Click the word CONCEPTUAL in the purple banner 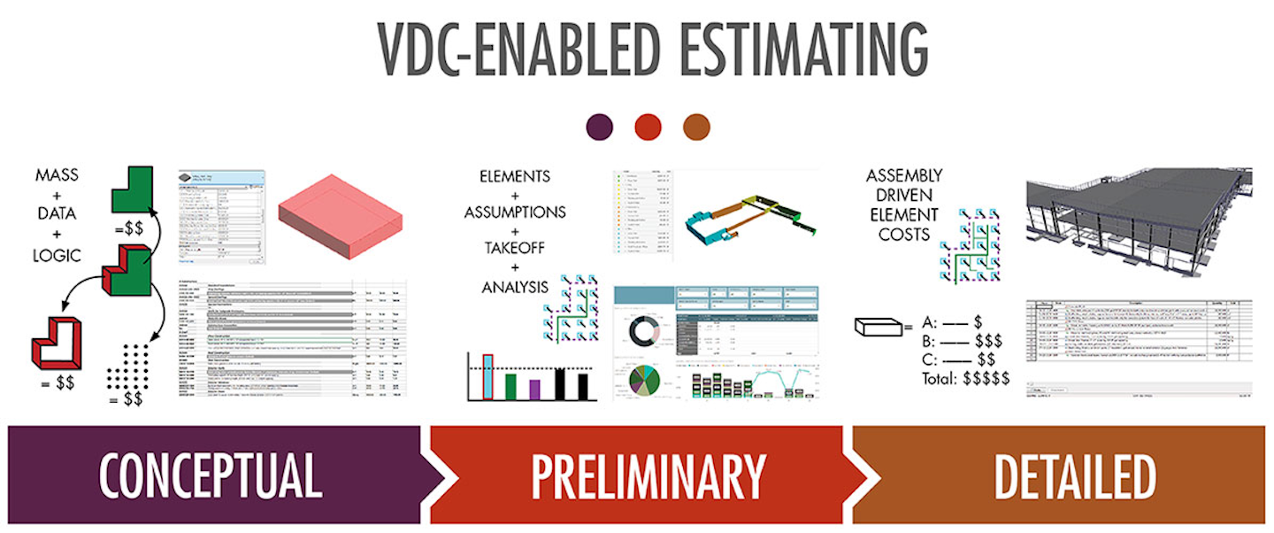[210, 476]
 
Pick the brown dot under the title [696, 127]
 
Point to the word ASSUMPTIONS [514, 212]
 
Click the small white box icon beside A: [877, 328]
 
